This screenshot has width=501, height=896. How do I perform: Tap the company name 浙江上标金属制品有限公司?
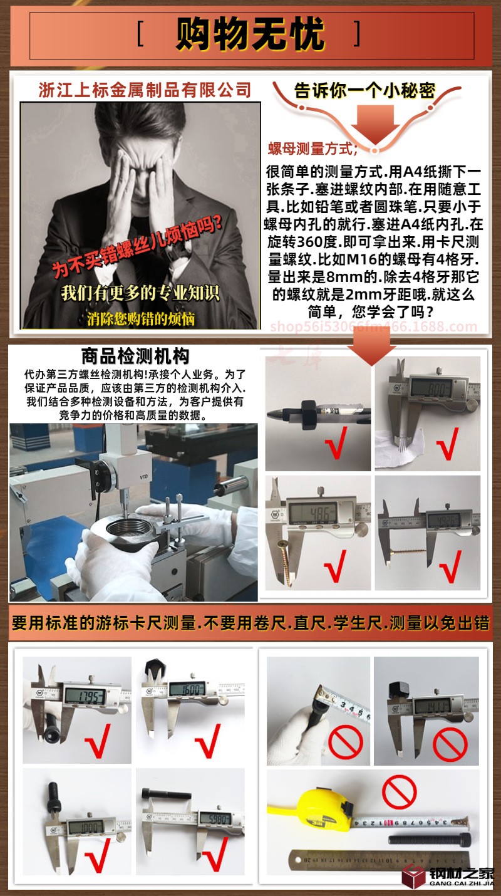(145, 90)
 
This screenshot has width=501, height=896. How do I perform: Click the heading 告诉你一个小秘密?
(365, 90)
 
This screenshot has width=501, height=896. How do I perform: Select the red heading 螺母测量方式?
(312, 148)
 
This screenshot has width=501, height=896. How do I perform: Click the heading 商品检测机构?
(135, 357)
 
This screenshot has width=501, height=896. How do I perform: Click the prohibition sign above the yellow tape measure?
(399, 791)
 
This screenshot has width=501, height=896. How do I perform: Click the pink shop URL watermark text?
(373, 326)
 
